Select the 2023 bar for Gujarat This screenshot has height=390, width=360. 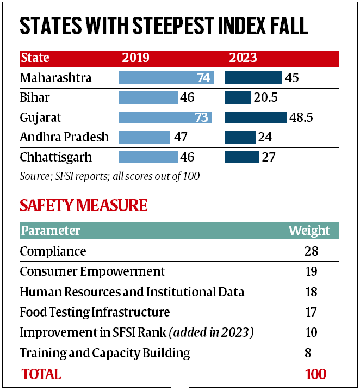(x=255, y=117)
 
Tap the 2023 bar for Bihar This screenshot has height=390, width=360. (x=237, y=97)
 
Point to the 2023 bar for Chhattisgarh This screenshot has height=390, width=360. (x=241, y=157)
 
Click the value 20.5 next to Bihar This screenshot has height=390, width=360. (x=268, y=98)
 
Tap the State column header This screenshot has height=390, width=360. (x=34, y=58)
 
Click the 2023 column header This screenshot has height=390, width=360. (x=243, y=58)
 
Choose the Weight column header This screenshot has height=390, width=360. (x=309, y=230)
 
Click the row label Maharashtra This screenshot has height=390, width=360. (x=55, y=78)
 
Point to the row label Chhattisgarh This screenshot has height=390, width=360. (x=55, y=157)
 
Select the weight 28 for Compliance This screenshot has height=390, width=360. (x=311, y=251)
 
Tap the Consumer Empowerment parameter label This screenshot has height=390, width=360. (x=92, y=271)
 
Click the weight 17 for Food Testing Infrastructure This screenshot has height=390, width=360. (x=311, y=312)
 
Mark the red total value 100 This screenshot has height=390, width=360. (x=315, y=374)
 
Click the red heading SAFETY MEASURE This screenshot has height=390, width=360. (x=83, y=205)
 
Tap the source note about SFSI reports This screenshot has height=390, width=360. (x=109, y=176)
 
